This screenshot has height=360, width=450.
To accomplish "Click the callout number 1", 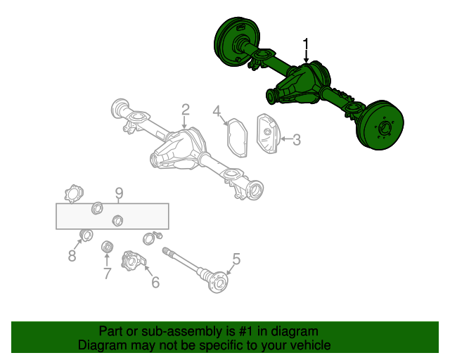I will point(306,45).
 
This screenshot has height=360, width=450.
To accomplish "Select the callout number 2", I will point(185,109).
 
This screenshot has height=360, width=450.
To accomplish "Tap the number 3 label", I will point(296,140).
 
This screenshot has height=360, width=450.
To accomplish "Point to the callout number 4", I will point(217,110).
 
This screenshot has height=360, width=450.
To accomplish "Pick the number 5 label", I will point(236,259).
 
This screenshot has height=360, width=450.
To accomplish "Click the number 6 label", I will point(155,282).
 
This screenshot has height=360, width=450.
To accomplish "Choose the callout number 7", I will point(107,273).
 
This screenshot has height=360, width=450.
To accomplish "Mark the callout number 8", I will point(72,256).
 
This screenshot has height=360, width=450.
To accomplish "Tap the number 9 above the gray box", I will point(119,193).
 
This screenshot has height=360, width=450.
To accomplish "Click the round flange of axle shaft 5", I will point(219,283).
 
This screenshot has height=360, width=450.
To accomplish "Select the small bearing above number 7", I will point(108,246).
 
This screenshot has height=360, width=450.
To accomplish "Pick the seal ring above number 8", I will point(87,235).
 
